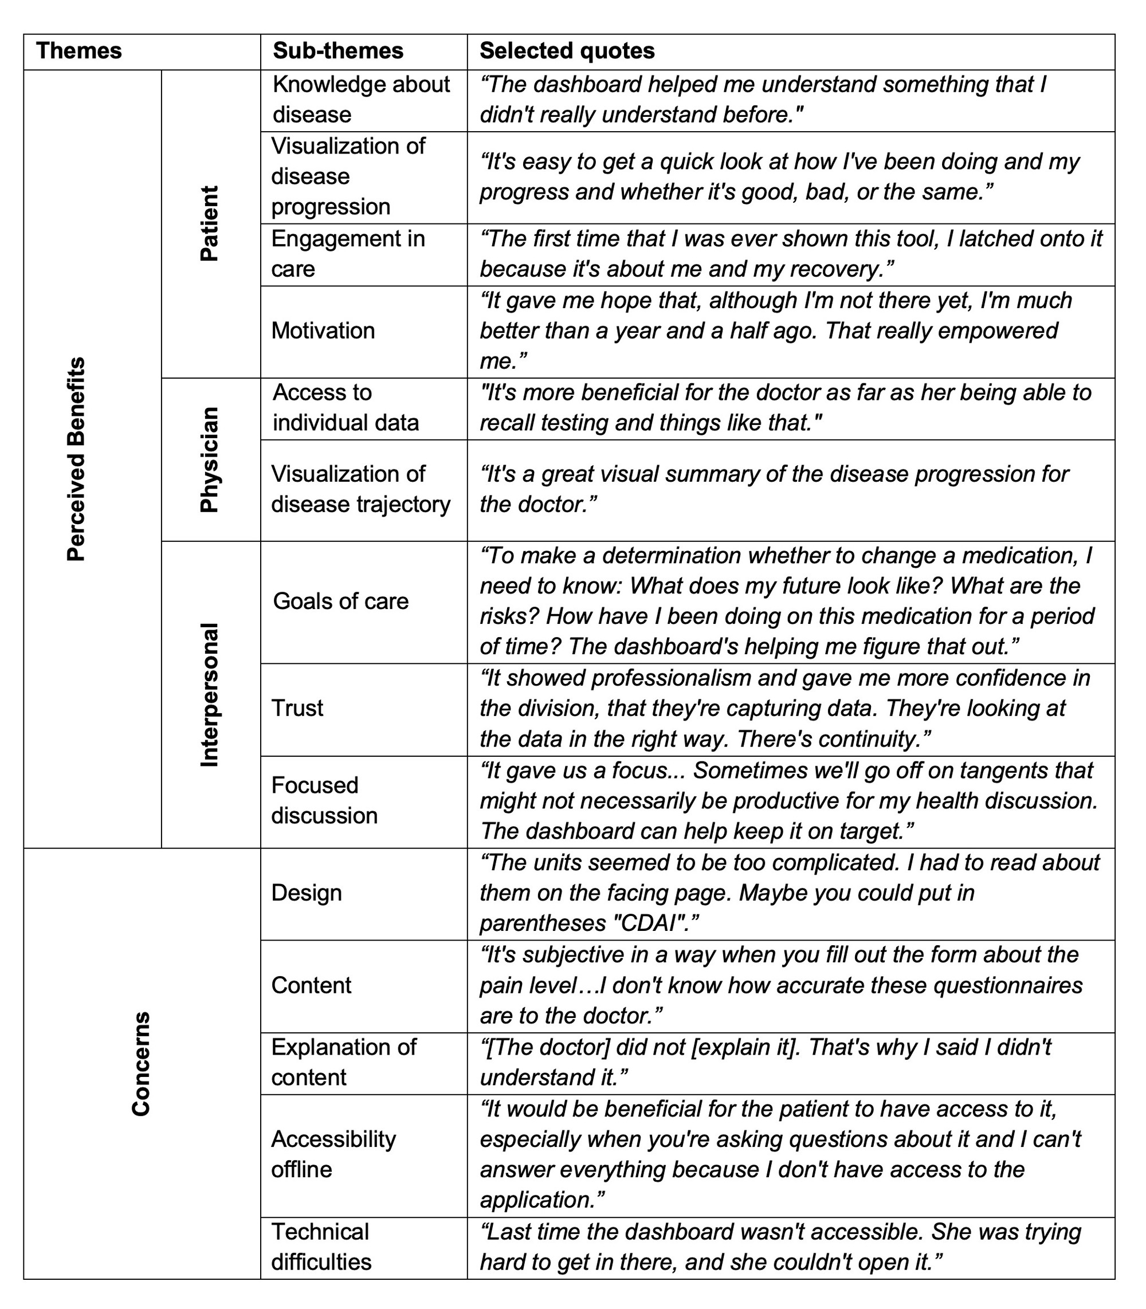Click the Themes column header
[x=79, y=51]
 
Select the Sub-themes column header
[x=337, y=51]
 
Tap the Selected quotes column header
[x=567, y=51]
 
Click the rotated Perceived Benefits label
[x=76, y=458]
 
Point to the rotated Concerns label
[x=141, y=1063]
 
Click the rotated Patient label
[x=209, y=223]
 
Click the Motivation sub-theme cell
[x=323, y=331]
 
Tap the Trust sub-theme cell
[x=297, y=708]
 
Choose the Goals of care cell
[x=340, y=601]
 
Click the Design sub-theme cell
[x=307, y=893]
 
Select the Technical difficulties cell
[x=321, y=1247]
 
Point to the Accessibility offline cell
[x=333, y=1154]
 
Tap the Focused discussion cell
[x=324, y=801]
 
